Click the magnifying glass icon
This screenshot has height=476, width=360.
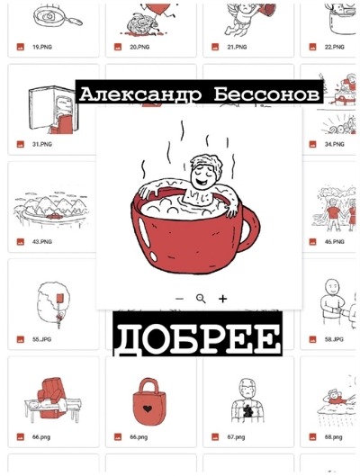[201, 298]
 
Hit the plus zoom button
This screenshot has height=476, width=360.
[223, 298]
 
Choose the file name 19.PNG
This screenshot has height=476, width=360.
[41, 46]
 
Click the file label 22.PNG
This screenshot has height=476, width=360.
[334, 46]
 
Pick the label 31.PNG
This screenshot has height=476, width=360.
[41, 144]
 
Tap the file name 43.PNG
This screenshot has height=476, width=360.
[41, 242]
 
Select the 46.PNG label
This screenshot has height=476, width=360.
[334, 242]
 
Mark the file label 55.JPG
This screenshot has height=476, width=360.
[41, 340]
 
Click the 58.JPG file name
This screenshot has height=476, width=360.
[334, 340]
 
